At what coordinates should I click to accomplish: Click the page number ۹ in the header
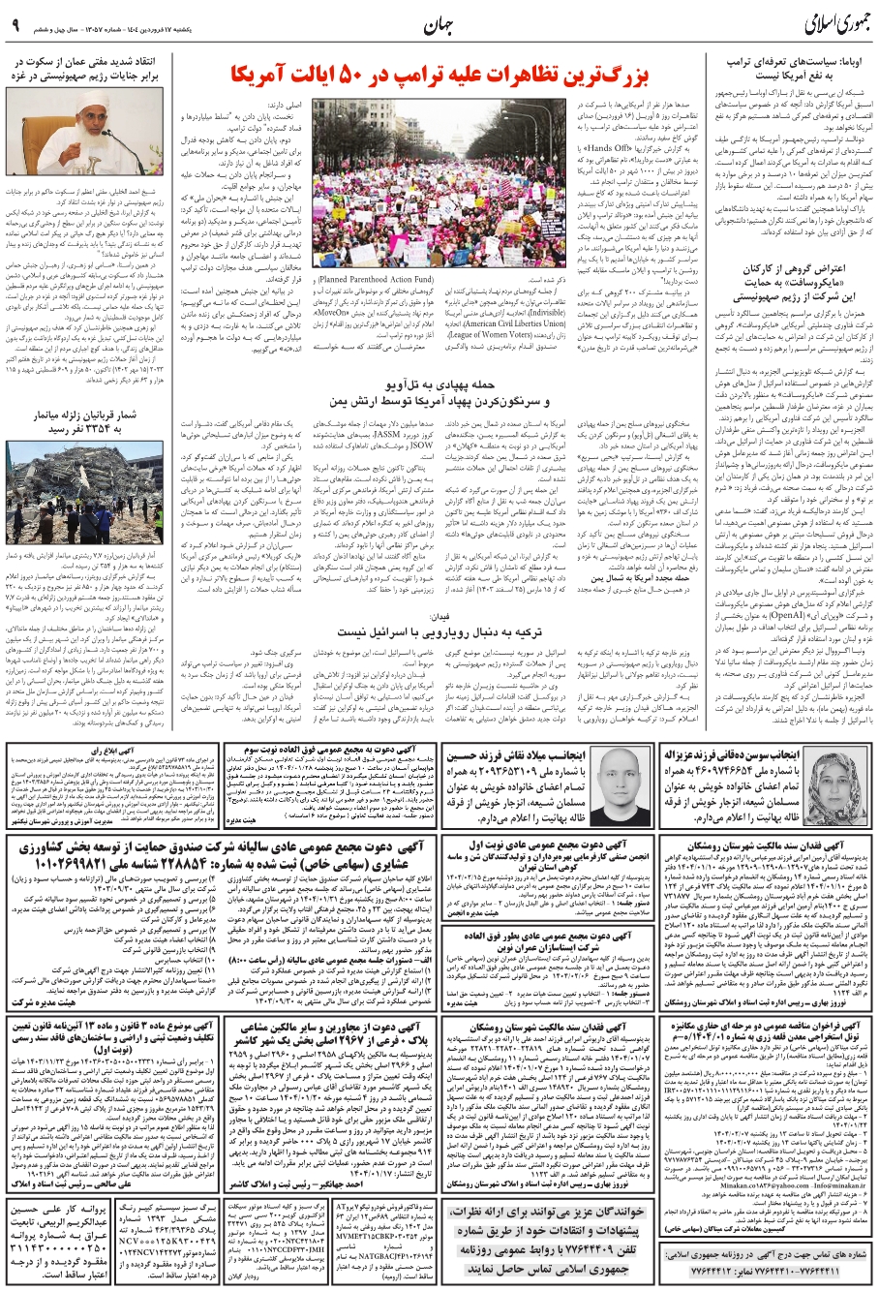pos(15,25)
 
